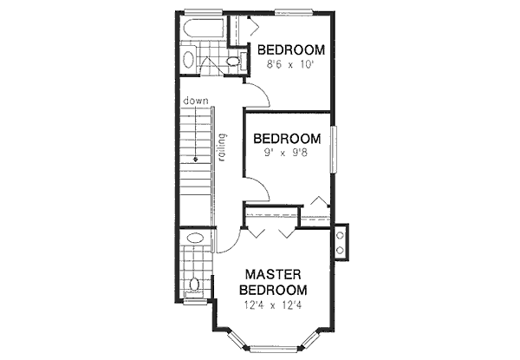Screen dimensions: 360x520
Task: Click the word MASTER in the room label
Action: click(x=272, y=273)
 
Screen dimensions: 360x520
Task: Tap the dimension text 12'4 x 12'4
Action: click(x=272, y=304)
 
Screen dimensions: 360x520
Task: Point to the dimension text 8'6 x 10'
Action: click(x=289, y=65)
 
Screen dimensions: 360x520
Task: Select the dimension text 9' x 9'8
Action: click(x=285, y=154)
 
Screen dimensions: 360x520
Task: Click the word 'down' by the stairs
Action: click(x=194, y=101)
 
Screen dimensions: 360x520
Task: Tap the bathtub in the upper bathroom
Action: click(x=204, y=36)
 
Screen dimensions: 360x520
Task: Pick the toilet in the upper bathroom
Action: click(x=232, y=60)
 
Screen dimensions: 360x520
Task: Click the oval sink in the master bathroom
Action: click(x=195, y=239)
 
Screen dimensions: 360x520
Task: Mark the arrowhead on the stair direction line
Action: click(x=197, y=160)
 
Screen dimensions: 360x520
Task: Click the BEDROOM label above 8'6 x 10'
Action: click(x=290, y=49)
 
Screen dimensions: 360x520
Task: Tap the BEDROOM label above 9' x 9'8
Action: click(x=286, y=138)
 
